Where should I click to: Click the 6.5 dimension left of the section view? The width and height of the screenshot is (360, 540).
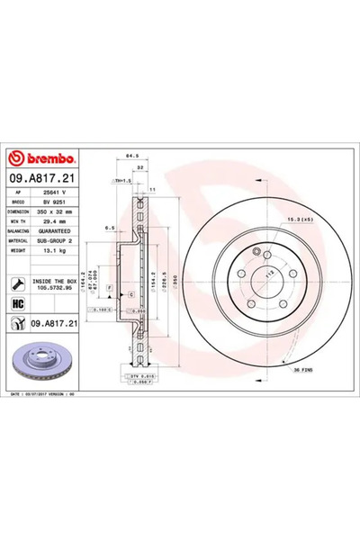[x=107, y=229]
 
